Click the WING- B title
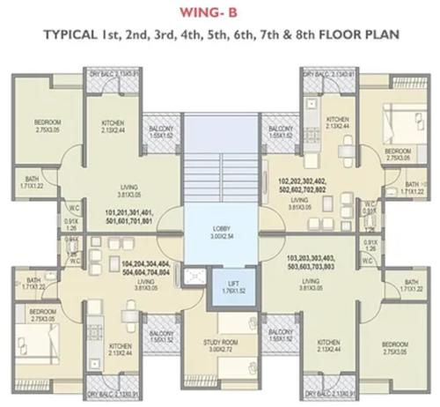219,12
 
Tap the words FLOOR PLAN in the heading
363,36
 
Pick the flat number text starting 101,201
127,216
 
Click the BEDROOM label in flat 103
395,344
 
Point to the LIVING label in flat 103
313,283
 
